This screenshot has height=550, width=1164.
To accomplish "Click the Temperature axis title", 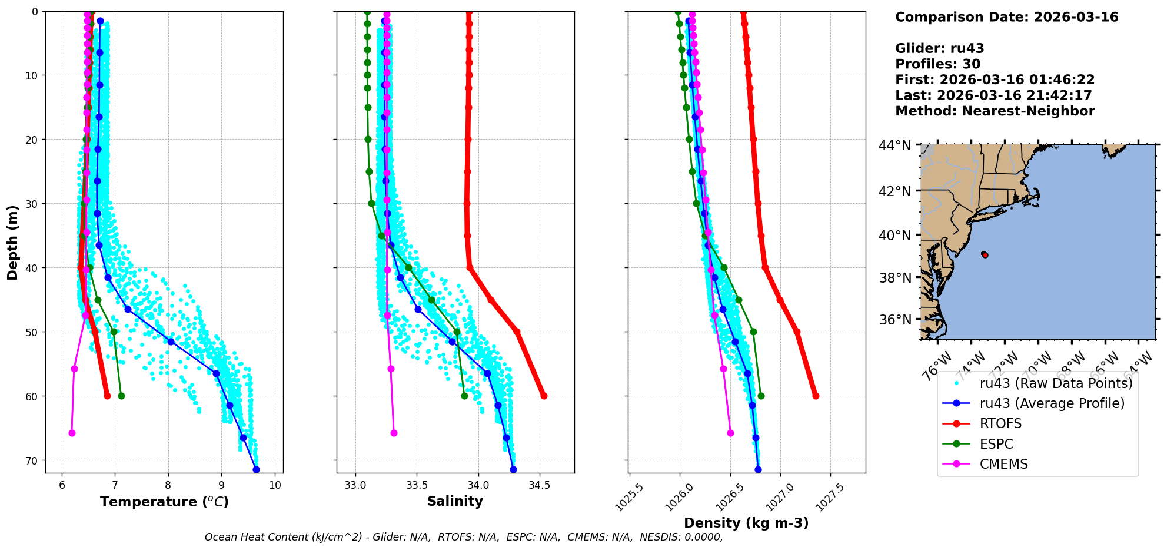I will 164,502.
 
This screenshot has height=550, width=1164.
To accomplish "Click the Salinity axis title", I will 455,501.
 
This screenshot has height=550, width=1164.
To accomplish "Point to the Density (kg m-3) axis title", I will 746,523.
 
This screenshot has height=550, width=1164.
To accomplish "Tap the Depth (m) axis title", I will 12,243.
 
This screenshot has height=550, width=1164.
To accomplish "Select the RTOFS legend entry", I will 1000,424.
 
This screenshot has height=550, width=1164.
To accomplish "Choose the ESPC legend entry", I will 996,444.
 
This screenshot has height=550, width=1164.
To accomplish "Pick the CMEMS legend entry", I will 1003,464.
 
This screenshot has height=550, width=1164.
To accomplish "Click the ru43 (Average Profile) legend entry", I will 1052,403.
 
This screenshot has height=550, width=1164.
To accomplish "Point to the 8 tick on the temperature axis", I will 168,485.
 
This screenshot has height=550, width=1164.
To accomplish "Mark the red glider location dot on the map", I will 985,254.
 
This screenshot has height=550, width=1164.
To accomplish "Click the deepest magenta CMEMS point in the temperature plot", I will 72,433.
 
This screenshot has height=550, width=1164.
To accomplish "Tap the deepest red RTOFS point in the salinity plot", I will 544,396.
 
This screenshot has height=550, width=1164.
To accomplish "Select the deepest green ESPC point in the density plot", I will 761,396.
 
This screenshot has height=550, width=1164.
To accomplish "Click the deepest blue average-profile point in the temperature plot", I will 256,469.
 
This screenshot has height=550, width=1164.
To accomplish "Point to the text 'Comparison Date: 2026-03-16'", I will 1006,17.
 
